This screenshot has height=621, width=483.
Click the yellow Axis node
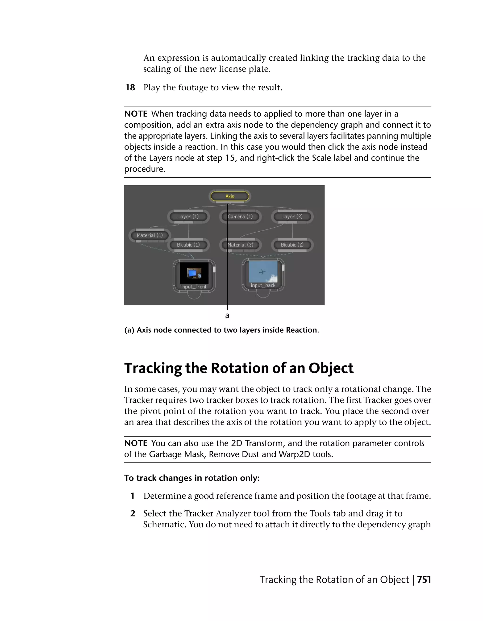(229, 196)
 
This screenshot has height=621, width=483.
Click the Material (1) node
(150, 235)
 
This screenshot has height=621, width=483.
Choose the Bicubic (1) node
(188, 245)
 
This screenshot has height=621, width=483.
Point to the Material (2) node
(240, 245)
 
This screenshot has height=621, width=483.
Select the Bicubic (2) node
(292, 245)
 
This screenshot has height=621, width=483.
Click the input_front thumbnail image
(194, 273)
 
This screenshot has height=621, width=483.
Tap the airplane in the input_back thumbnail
(262, 272)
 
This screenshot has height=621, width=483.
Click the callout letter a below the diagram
(227, 315)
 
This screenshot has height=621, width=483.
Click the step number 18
(130, 87)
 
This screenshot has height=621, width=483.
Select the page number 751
(424, 579)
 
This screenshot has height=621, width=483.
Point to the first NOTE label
(136, 114)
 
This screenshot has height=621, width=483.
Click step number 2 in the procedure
(133, 513)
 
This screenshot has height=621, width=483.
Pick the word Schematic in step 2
(165, 524)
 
